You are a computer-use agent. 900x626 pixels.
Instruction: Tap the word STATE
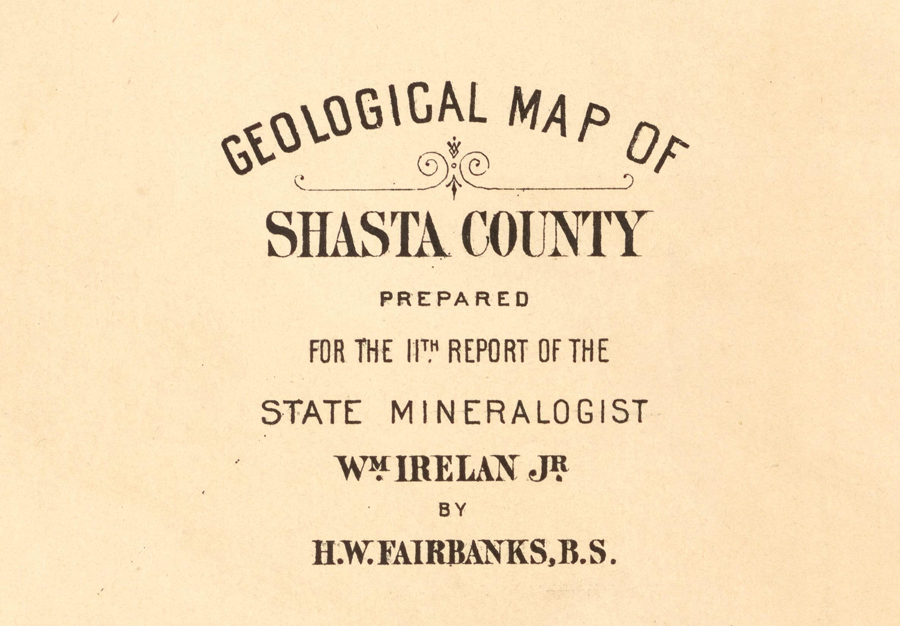[x=311, y=412]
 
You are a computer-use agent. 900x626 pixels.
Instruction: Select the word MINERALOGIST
[x=518, y=412]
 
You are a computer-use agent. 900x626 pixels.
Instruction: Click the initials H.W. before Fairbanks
[x=340, y=553]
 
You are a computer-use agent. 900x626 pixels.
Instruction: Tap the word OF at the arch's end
[x=656, y=153]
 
